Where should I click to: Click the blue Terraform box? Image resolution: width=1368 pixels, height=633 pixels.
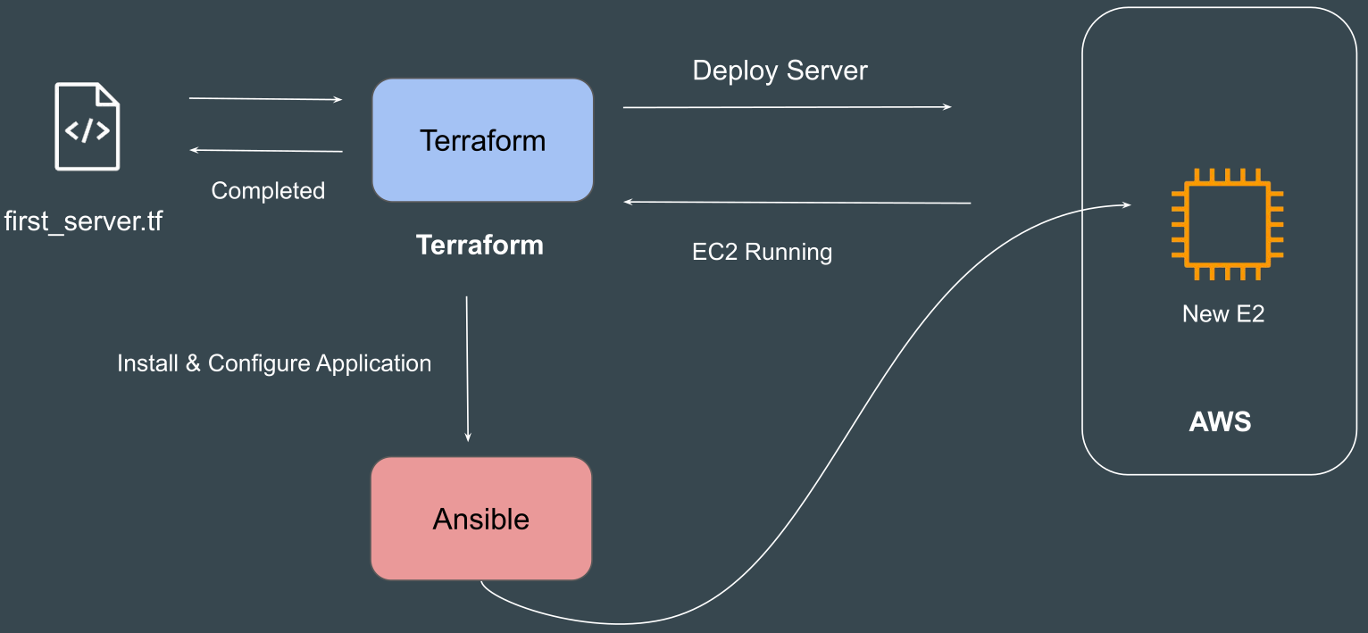pyautogui.click(x=482, y=140)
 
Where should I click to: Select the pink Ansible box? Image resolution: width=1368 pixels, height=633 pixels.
pyautogui.click(x=481, y=519)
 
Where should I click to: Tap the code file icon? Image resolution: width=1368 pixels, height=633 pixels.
pyautogui.click(x=88, y=126)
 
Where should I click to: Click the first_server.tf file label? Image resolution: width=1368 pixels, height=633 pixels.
pyautogui.click(x=83, y=220)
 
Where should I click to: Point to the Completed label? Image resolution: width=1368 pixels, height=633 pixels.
pyautogui.click(x=268, y=190)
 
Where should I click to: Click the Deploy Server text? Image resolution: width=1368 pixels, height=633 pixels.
pyautogui.click(x=780, y=71)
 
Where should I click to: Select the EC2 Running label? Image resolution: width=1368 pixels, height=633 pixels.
pyautogui.click(x=762, y=252)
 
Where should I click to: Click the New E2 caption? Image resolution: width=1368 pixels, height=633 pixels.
pyautogui.click(x=1223, y=313)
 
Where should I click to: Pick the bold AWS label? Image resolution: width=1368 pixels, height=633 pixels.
pyautogui.click(x=1220, y=421)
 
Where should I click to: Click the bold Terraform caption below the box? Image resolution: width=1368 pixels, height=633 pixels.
pyautogui.click(x=480, y=246)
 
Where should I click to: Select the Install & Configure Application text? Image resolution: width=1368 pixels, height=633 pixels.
pyautogui.click(x=274, y=363)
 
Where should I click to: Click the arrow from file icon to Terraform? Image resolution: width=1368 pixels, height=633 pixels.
pyautogui.click(x=265, y=99)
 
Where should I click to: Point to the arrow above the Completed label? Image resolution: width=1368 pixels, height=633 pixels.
pyautogui.click(x=265, y=151)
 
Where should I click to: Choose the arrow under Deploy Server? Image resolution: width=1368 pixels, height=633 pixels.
pyautogui.click(x=786, y=107)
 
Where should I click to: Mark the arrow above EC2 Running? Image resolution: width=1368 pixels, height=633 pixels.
pyautogui.click(x=797, y=203)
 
